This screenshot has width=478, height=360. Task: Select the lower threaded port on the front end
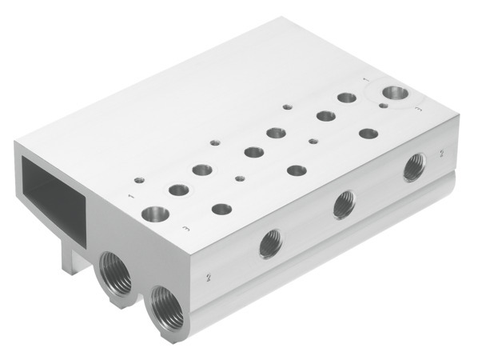click(x=165, y=303)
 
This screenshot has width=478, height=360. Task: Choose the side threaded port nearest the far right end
click(x=413, y=168)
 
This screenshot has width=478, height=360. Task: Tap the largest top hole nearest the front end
click(x=154, y=214)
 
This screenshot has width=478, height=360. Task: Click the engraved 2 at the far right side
click(x=441, y=150)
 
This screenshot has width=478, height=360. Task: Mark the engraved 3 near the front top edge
click(x=185, y=230)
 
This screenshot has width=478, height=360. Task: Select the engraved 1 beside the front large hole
click(x=129, y=194)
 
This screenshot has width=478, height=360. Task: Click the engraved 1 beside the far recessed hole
click(x=365, y=81)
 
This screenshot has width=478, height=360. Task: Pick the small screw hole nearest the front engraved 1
click(x=139, y=179)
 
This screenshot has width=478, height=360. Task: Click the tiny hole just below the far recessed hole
click(x=384, y=105)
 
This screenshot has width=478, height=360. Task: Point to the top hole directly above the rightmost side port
click(x=368, y=133)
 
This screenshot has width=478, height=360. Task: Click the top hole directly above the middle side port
click(x=296, y=170)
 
